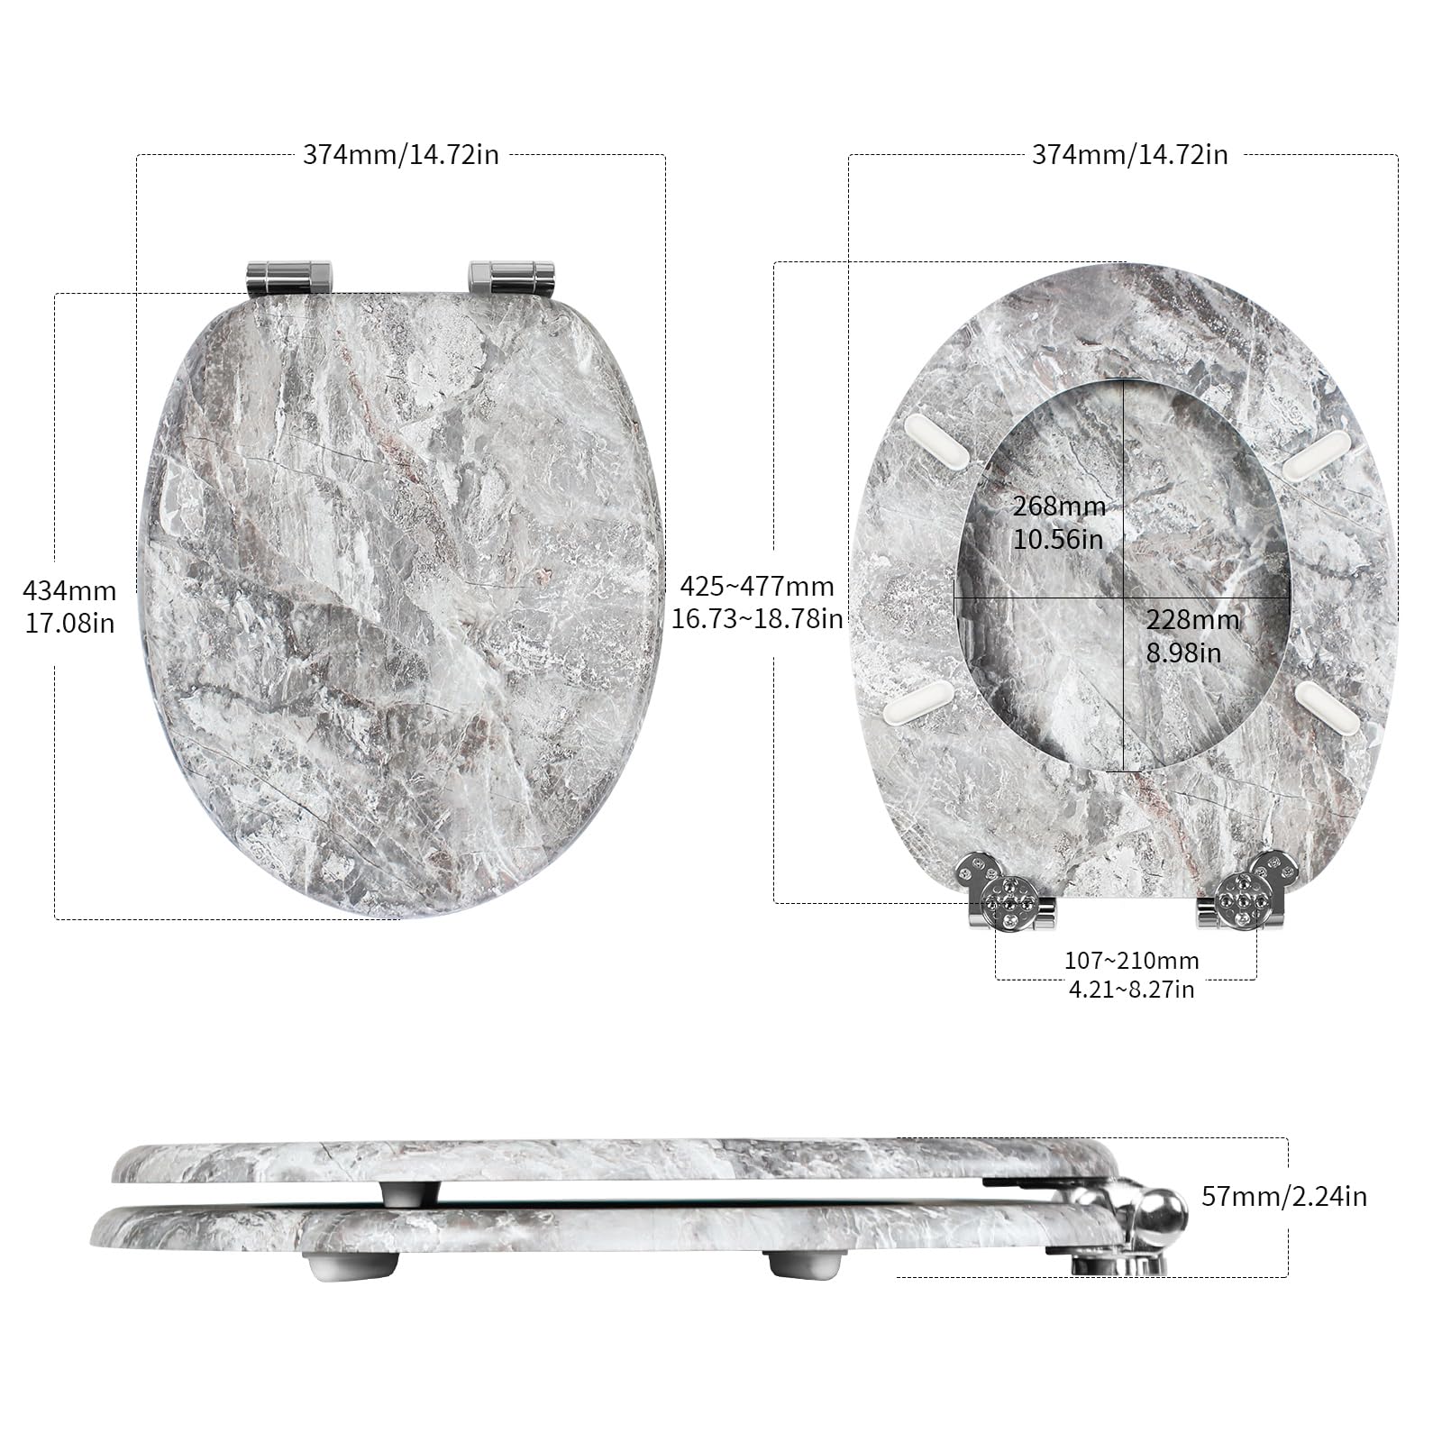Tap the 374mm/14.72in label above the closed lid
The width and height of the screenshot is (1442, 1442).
(400, 154)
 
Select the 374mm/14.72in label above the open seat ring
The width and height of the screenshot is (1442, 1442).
(1129, 154)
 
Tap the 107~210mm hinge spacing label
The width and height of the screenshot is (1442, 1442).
(1131, 961)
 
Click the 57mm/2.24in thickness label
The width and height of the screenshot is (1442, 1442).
(1284, 1196)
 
